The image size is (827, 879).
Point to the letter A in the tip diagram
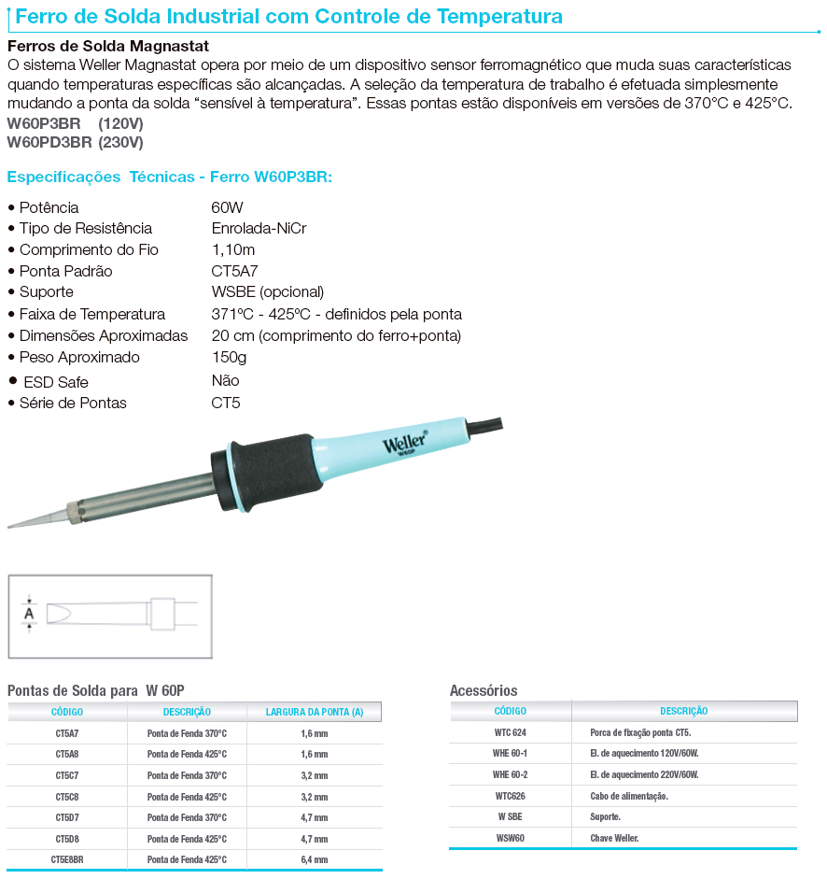click(x=29, y=614)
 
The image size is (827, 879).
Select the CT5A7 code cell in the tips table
click(x=67, y=733)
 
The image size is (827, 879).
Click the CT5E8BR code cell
click(x=67, y=859)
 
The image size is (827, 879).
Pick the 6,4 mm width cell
click(x=314, y=859)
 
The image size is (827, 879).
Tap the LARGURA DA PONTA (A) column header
click(x=314, y=712)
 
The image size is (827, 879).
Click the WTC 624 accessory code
click(x=511, y=733)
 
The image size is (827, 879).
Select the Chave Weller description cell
click(x=614, y=838)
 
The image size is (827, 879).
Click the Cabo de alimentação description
click(x=629, y=796)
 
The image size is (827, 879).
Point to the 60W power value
click(x=227, y=207)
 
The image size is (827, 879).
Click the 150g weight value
click(x=229, y=358)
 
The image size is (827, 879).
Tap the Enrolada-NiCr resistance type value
click(x=259, y=229)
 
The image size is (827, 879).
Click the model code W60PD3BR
click(x=49, y=143)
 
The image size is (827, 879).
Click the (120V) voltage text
click(x=121, y=123)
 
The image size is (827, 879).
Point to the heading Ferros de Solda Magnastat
click(x=107, y=46)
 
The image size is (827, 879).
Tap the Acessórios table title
click(x=484, y=690)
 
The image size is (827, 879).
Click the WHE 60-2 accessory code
click(x=511, y=775)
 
